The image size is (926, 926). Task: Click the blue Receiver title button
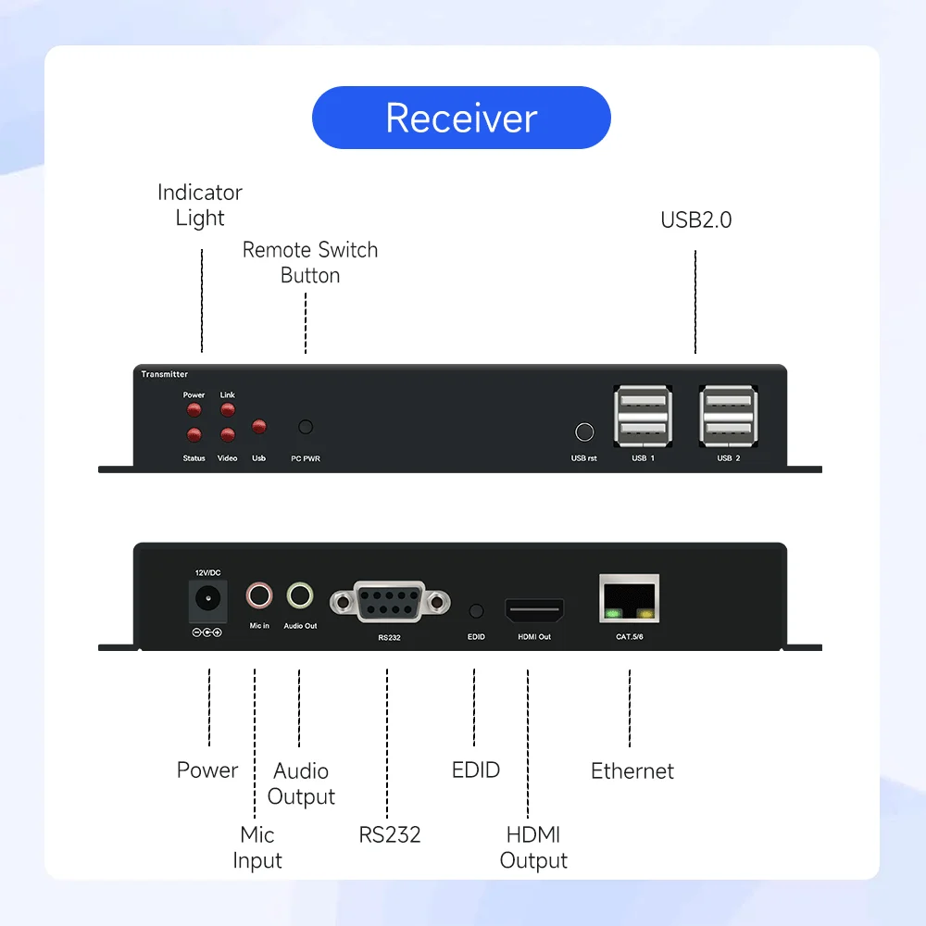[461, 118]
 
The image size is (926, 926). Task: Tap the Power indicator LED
[194, 409]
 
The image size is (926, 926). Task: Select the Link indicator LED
[227, 409]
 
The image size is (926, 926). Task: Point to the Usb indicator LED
[259, 427]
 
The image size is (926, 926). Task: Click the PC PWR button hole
[306, 427]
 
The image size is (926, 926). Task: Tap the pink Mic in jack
[259, 595]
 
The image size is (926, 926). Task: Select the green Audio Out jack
[299, 595]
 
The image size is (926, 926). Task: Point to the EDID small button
[476, 611]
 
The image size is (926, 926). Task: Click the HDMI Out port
[534, 611]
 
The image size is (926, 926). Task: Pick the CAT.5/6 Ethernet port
[630, 598]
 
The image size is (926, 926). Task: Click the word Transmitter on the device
[165, 374]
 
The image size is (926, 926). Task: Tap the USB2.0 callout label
[695, 220]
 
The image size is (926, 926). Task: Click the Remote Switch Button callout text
[310, 262]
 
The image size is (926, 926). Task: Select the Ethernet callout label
[632, 770]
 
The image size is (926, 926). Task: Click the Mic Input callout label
[257, 847]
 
